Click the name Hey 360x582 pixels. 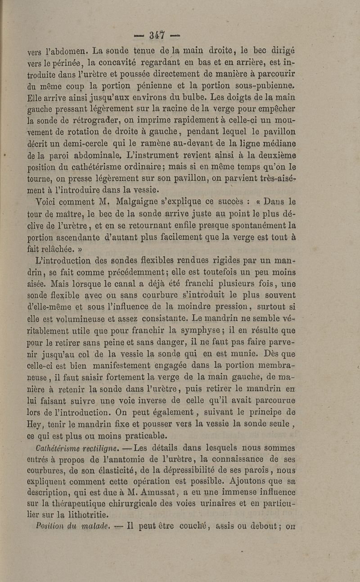36,424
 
